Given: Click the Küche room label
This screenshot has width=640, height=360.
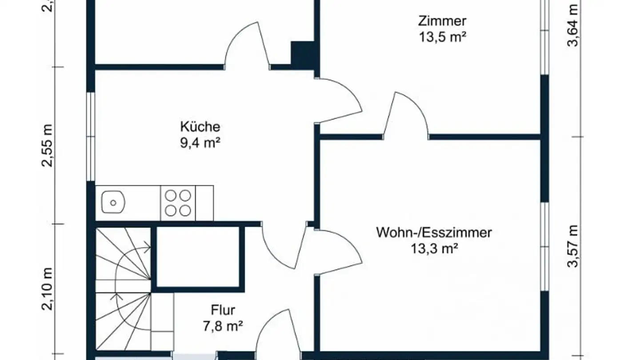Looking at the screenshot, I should [200, 127].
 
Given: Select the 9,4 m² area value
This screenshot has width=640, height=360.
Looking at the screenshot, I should [200, 144].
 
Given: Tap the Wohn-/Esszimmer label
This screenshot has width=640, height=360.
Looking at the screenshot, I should [434, 232].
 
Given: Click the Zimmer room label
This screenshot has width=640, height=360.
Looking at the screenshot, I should [442, 21].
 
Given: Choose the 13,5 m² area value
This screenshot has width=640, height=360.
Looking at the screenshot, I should [442, 37].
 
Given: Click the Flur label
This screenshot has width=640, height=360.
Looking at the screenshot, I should [223, 310].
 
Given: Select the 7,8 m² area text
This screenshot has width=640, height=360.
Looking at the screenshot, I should [223, 327].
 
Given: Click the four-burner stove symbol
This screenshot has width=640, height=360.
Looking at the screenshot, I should [178, 203].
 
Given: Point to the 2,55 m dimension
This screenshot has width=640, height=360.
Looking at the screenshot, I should [47, 145].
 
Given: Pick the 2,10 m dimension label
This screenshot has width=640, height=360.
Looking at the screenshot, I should [47, 290].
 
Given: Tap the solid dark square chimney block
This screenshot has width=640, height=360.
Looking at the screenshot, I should [303, 54].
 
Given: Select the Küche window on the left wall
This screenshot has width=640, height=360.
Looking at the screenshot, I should [91, 136].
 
